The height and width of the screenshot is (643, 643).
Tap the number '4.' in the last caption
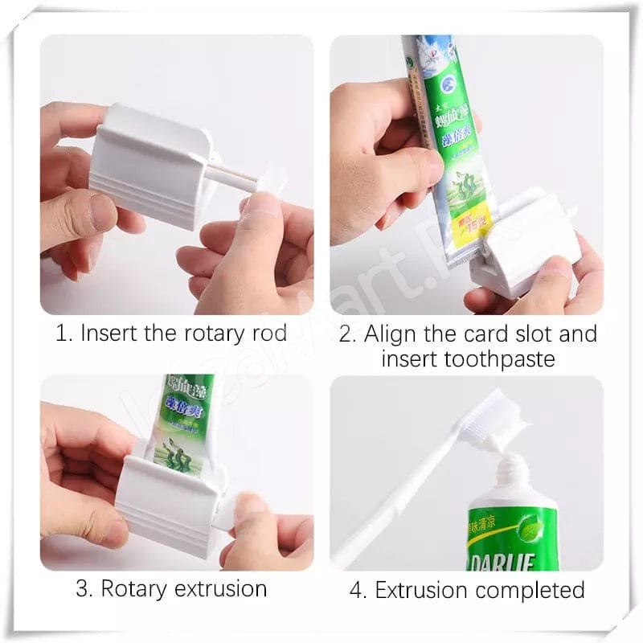[x=358, y=590]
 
